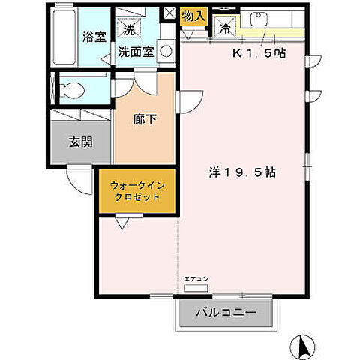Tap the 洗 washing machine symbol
click(128, 30)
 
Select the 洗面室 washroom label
click(136, 52)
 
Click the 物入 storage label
click(193, 15)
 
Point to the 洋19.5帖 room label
click(241, 172)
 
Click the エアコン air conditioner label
click(196, 279)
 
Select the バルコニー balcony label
click(226, 311)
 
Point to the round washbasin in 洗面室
click(166, 52)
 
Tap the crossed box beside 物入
click(169, 13)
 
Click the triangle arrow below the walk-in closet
click(121, 222)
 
